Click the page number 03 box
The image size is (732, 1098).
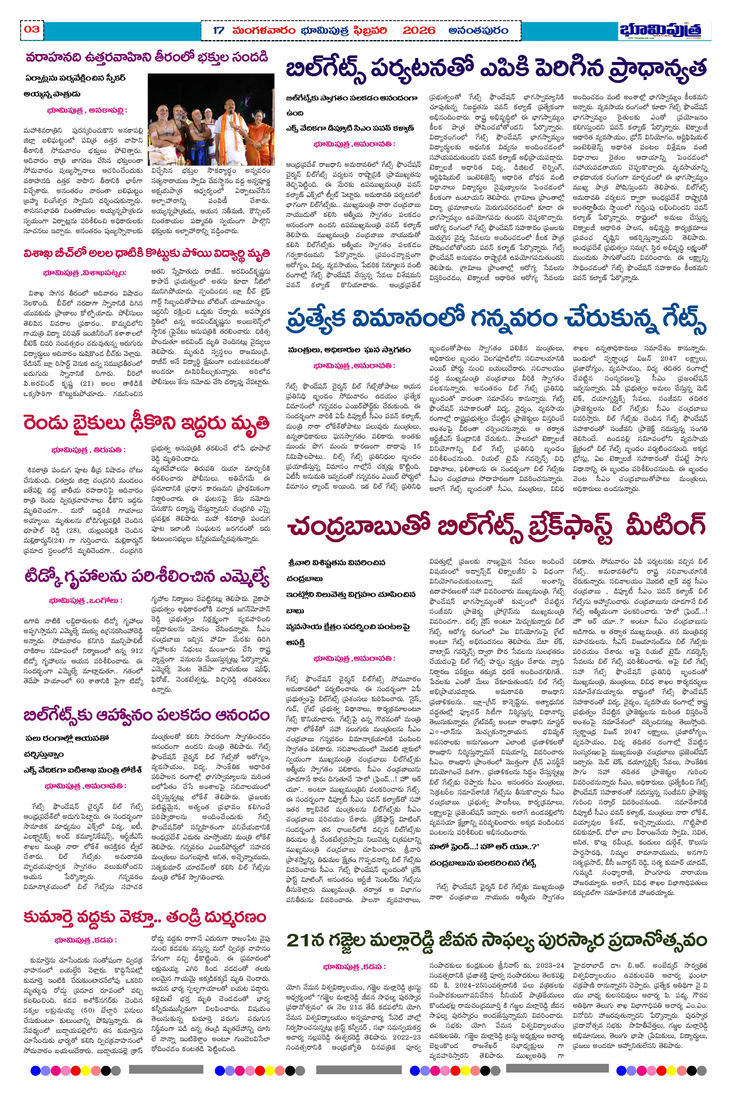tap(32, 29)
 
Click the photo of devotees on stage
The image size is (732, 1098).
tap(211, 119)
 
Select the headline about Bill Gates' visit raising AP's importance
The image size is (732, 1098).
tap(496, 69)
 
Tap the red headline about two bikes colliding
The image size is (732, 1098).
tap(146, 423)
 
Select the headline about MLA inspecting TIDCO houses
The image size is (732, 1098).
tap(146, 577)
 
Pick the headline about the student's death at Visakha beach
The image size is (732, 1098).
tap(146, 253)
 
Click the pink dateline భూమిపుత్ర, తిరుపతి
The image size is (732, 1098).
tap(88, 450)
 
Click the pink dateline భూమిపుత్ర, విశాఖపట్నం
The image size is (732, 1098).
tap(84, 273)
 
